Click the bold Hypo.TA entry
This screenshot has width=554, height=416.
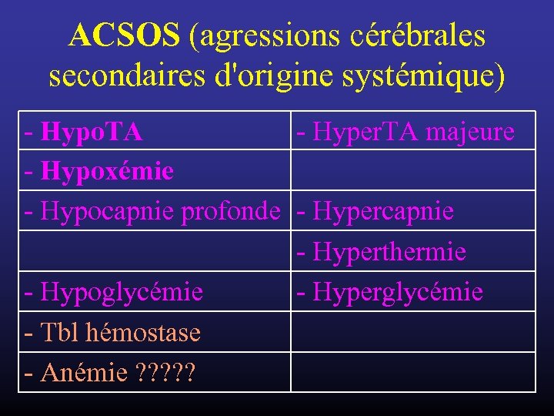pyautogui.click(x=92, y=133)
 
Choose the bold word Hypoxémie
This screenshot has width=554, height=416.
pyautogui.click(x=107, y=169)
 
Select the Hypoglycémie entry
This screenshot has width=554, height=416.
pyautogui.click(x=122, y=293)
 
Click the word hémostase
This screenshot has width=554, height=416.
pyautogui.click(x=144, y=333)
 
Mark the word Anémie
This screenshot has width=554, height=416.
pyautogui.click(x=84, y=374)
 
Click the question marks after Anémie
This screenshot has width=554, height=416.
pyautogui.click(x=165, y=374)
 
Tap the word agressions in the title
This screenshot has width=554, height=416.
pyautogui.click(x=265, y=35)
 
